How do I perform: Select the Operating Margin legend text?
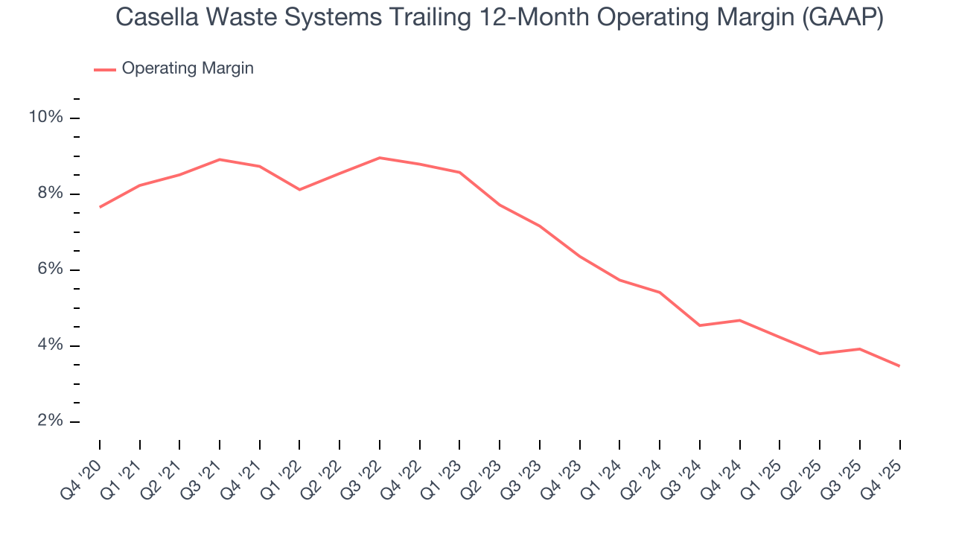188,68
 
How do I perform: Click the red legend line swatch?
104,69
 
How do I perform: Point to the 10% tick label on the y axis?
45,118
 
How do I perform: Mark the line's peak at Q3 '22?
380,158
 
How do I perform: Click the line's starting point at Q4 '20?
100,207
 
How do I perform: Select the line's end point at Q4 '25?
899,366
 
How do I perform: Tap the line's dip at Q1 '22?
299,190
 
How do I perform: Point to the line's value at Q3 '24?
700,325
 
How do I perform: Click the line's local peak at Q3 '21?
220,159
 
